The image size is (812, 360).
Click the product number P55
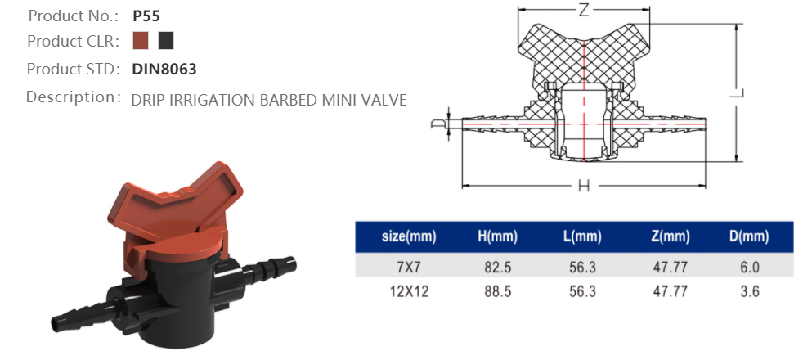[x=146, y=16]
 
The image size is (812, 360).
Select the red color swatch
[x=141, y=41]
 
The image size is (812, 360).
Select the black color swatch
[x=166, y=41]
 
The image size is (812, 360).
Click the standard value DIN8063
[x=164, y=70]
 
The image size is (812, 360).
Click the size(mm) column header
[x=409, y=237]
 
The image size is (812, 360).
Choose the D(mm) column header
[x=749, y=237]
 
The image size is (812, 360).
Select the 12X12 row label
[x=409, y=291]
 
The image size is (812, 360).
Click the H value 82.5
[x=498, y=267]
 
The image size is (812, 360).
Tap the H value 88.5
[x=498, y=291]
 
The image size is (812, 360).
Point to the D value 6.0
[x=749, y=267]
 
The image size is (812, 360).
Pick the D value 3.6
[x=749, y=291]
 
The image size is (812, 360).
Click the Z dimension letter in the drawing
[x=584, y=11]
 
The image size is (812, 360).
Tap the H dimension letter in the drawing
[x=584, y=187]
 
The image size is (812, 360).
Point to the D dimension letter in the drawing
[x=437, y=124]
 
